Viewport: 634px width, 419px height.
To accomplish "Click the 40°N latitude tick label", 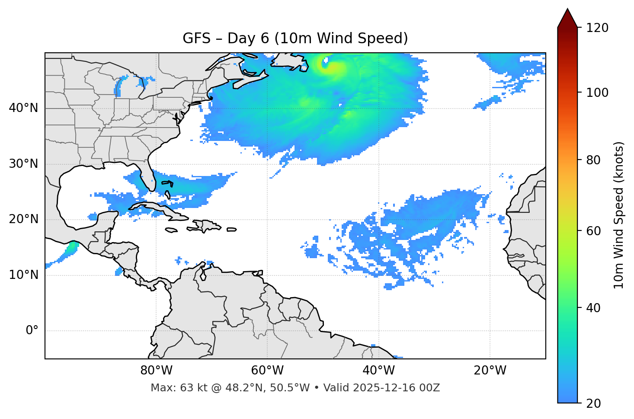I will [x=23, y=108].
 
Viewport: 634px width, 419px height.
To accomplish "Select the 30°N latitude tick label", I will [x=23, y=163].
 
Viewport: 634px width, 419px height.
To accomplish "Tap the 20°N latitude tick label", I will [x=23, y=219].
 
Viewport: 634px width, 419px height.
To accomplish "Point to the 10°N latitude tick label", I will [x=23, y=275].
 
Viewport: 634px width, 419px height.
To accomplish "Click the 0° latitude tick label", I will [x=32, y=331].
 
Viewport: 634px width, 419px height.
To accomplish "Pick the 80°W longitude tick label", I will [x=156, y=371].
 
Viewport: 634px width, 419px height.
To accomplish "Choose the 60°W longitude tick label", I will [x=267, y=371].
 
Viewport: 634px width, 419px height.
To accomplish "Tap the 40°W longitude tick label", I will [x=378, y=371].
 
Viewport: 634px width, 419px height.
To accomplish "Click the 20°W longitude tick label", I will [x=490, y=371].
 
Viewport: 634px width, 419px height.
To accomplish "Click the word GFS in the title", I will [x=196, y=38].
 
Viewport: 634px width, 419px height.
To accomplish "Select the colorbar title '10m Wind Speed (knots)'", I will [x=619, y=215].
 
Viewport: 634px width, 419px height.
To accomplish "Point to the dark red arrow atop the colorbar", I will [x=567, y=19].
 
